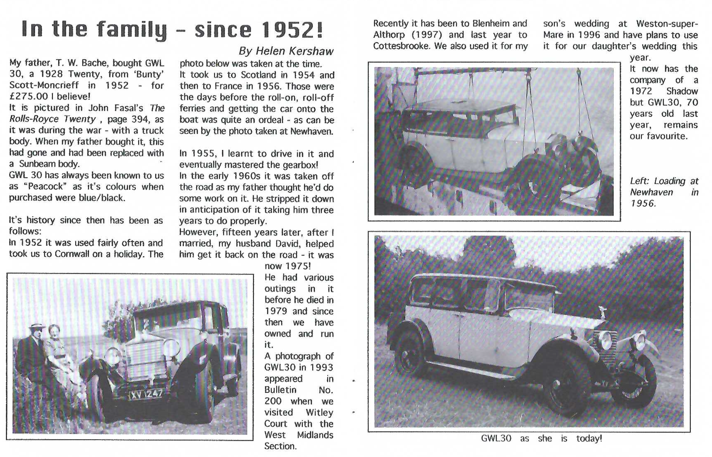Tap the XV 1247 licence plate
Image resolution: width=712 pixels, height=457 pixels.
(146, 394)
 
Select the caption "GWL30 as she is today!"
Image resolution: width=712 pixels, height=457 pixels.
(541, 439)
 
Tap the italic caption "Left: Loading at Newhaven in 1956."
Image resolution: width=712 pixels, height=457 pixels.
(663, 192)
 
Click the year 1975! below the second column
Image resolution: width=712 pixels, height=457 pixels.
(288, 266)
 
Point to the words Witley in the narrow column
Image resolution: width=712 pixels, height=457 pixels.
(319, 412)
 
